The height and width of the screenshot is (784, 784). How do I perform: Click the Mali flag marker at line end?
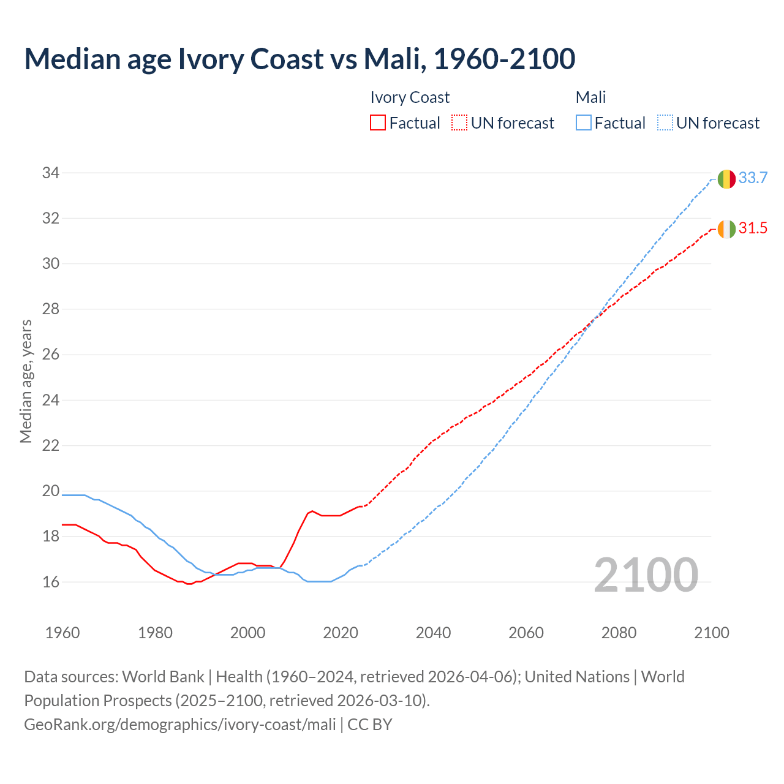pyautogui.click(x=726, y=179)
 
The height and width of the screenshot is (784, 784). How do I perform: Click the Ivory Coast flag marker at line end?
pyautogui.click(x=726, y=229)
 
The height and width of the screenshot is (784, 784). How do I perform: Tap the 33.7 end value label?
pyautogui.click(x=753, y=178)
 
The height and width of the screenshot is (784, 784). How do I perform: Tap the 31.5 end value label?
pyautogui.click(x=753, y=228)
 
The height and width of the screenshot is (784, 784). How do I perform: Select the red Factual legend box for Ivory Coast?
pyautogui.click(x=378, y=123)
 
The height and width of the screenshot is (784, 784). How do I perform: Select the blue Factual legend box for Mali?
pyautogui.click(x=584, y=123)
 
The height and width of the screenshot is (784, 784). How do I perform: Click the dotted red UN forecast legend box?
pyautogui.click(x=459, y=123)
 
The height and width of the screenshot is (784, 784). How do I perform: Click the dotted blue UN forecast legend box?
pyautogui.click(x=665, y=123)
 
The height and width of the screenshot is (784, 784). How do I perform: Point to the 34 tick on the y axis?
pyautogui.click(x=51, y=173)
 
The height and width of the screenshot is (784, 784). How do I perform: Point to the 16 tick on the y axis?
pyautogui.click(x=51, y=582)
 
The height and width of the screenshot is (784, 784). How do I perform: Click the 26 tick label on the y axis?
pyautogui.click(x=51, y=355)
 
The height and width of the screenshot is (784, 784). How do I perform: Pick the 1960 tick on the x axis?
pyautogui.click(x=62, y=633)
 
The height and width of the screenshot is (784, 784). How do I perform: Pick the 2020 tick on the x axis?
pyautogui.click(x=341, y=633)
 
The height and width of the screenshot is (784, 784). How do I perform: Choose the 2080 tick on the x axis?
pyautogui.click(x=619, y=633)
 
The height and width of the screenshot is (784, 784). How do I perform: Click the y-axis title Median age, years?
pyautogui.click(x=26, y=381)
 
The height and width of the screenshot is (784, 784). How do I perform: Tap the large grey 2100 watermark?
pyautogui.click(x=646, y=575)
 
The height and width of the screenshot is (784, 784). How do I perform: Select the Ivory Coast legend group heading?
pyautogui.click(x=410, y=97)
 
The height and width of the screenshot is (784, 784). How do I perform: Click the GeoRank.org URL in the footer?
pyautogui.click(x=180, y=725)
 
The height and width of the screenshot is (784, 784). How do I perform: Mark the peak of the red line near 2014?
pyautogui.click(x=312, y=511)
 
